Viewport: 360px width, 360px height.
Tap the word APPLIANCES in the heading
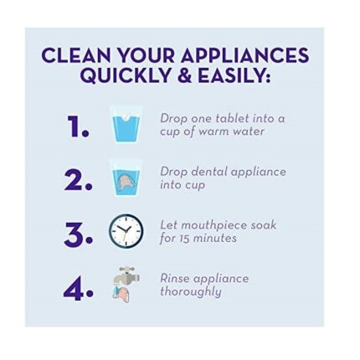244,55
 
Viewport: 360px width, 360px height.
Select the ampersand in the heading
185,75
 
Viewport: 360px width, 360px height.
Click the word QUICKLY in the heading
126,75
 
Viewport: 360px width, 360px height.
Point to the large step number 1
78,126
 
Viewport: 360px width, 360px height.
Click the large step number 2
78,180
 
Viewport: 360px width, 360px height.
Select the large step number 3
78,234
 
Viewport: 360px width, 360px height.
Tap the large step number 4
78,289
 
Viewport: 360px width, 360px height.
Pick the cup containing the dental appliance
126,178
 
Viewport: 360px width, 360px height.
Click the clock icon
126,230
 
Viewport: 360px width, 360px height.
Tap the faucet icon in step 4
126,276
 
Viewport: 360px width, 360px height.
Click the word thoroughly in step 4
191,292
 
